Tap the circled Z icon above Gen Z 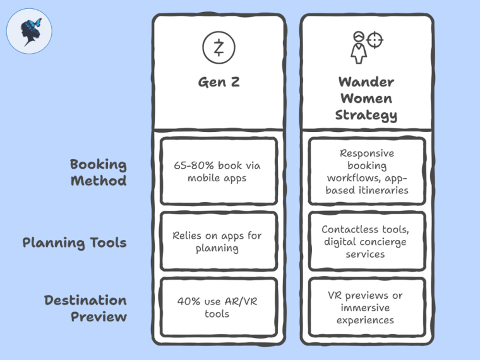click(x=219, y=47)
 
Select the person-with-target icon click(x=366, y=46)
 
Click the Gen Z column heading click(x=219, y=82)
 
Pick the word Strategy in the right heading click(x=366, y=115)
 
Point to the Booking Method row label click(x=98, y=172)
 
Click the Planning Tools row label click(x=75, y=243)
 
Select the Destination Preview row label click(x=85, y=308)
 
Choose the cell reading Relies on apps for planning click(x=217, y=242)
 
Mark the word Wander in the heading click(x=366, y=82)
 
